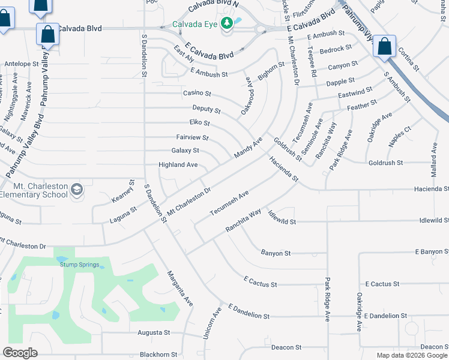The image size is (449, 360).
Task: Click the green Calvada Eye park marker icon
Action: [x=227, y=23]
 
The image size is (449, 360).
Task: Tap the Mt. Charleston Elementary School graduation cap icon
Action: [x=77, y=190]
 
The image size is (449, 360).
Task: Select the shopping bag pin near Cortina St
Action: [x=384, y=46]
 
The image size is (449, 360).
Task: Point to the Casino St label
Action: [x=197, y=93]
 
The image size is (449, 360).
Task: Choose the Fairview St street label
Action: [x=192, y=137]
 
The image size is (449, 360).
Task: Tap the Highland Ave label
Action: [x=178, y=164]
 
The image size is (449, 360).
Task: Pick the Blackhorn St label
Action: [x=158, y=355]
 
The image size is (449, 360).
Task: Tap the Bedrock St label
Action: [x=336, y=49]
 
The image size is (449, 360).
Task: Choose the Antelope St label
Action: [x=21, y=63]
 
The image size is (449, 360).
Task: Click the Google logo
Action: [x=20, y=353]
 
